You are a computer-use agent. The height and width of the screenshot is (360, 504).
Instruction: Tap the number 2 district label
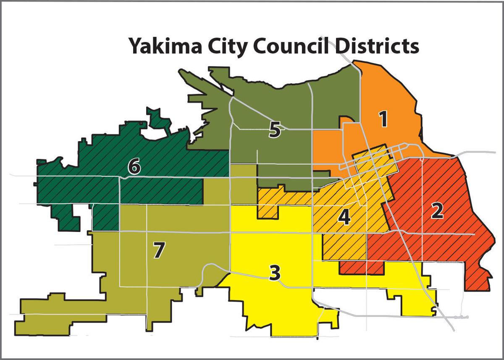[437, 211]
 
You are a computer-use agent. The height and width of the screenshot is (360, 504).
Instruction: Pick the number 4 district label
[344, 217]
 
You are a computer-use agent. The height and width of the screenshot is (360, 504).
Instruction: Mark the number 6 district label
[134, 167]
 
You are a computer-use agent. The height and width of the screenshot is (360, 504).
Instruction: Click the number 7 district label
[157, 250]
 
